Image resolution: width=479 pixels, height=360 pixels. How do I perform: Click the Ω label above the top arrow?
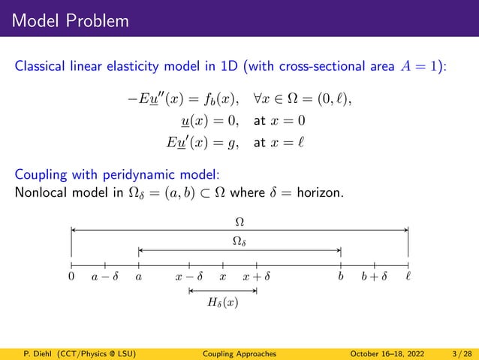[239, 222]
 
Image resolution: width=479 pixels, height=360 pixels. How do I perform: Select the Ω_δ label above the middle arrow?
[239, 241]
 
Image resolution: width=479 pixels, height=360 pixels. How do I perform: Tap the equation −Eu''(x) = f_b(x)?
[183, 99]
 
